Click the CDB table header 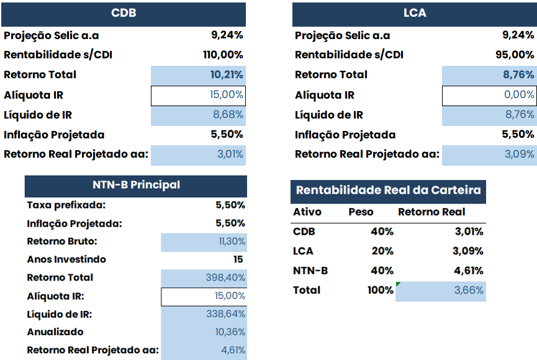(x=124, y=13)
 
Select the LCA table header (x=414, y=13)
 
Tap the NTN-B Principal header (x=136, y=185)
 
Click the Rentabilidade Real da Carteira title (x=388, y=191)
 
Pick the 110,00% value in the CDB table (x=223, y=55)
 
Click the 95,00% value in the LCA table (x=515, y=55)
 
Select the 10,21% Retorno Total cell (x=227, y=74)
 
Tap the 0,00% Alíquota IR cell (x=519, y=95)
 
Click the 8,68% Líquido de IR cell (x=228, y=115)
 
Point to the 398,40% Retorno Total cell (x=225, y=277)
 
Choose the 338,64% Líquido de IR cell (x=225, y=314)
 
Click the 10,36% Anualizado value (x=230, y=332)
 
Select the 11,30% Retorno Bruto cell (x=232, y=241)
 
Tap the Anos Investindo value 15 (x=238, y=259)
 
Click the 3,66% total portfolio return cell (x=470, y=290)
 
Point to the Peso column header (x=361, y=212)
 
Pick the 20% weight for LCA (x=383, y=251)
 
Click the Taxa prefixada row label (x=66, y=205)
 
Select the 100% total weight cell (x=380, y=290)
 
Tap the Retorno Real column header (x=431, y=212)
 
